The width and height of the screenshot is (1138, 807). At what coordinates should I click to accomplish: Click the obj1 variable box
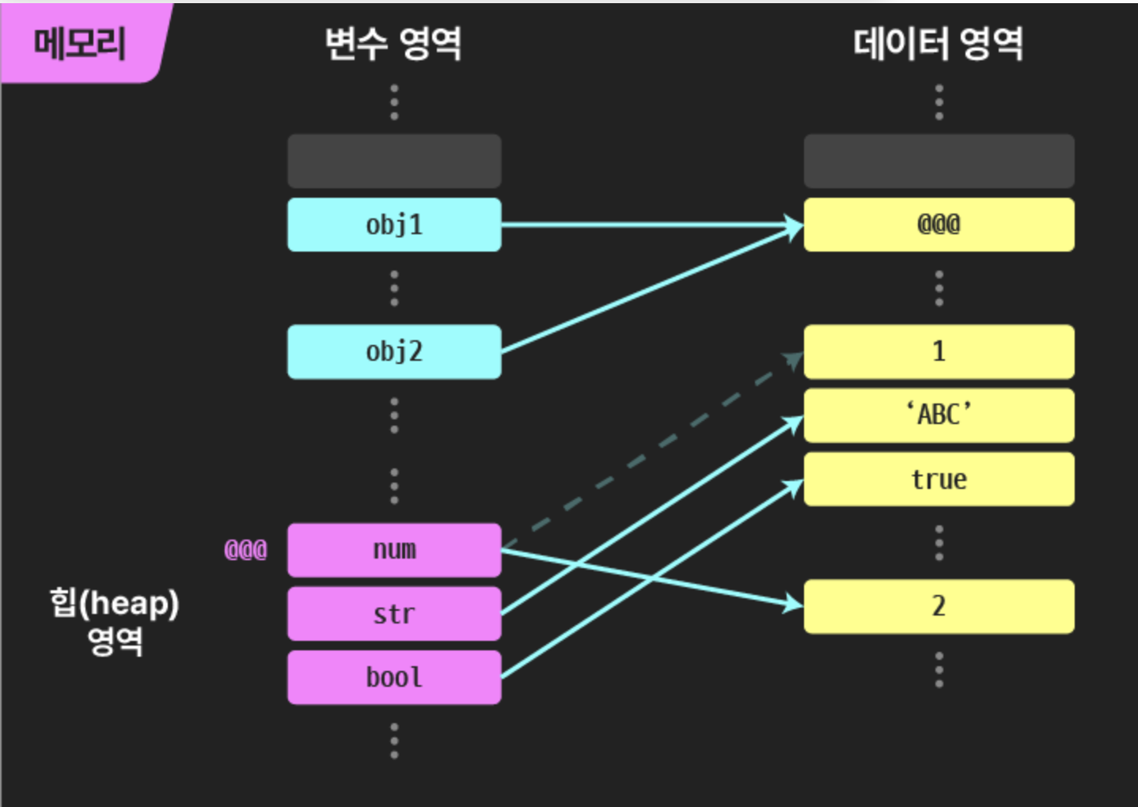point(394,225)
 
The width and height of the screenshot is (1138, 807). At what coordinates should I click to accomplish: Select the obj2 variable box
point(394,351)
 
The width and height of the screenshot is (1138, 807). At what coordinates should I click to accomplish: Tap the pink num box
point(394,550)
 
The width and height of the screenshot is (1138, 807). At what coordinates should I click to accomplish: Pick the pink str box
point(394,613)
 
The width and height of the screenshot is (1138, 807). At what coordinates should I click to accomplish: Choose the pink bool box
point(394,677)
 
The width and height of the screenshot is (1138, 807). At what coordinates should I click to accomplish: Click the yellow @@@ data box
point(939,225)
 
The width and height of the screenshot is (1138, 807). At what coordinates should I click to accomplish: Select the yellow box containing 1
point(939,351)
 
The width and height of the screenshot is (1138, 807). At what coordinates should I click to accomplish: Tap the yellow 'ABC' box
point(939,415)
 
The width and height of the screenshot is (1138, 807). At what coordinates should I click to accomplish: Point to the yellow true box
point(939,479)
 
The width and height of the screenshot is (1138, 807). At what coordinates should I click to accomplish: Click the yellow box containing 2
point(939,606)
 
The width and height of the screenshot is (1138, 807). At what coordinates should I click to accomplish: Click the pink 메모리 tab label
point(80,43)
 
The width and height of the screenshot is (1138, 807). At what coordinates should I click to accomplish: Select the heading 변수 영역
point(393,43)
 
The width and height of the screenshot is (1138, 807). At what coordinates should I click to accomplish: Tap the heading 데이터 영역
point(939,43)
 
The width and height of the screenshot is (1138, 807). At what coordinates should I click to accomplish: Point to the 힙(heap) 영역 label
point(115,621)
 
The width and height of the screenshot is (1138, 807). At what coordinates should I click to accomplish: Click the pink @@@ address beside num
point(245,550)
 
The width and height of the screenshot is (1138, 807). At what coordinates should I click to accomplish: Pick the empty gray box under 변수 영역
point(394,161)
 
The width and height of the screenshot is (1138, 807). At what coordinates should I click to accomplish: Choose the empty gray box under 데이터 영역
point(939,161)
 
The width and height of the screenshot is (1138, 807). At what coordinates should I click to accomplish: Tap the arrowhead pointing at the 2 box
point(793,604)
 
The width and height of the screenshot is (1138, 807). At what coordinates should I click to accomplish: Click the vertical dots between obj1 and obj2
point(394,288)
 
